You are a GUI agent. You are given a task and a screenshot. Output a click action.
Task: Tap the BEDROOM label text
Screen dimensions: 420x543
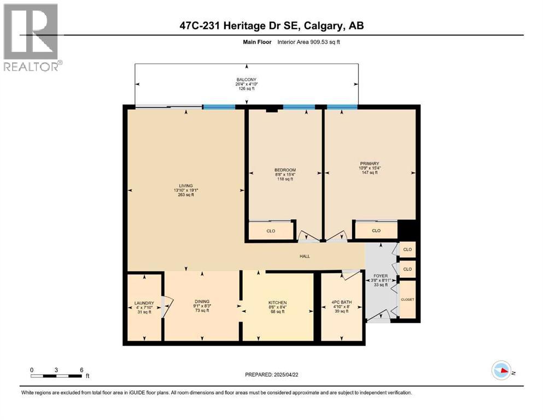coord(285,170)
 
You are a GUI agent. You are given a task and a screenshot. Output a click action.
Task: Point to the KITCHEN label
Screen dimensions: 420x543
coord(277,303)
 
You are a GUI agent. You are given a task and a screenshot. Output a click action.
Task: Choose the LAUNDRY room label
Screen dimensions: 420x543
coord(144,303)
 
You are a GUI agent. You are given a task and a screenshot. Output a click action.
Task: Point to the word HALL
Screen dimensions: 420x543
coord(304,256)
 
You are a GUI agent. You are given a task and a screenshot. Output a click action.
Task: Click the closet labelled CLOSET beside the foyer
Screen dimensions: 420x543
coord(407,299)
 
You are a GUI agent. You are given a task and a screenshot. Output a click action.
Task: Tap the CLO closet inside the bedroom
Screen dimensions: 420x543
coord(271,231)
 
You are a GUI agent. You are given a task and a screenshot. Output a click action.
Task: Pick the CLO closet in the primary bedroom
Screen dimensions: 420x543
coord(376,231)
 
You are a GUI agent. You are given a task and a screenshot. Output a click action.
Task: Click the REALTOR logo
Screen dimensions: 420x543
coord(32,37)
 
